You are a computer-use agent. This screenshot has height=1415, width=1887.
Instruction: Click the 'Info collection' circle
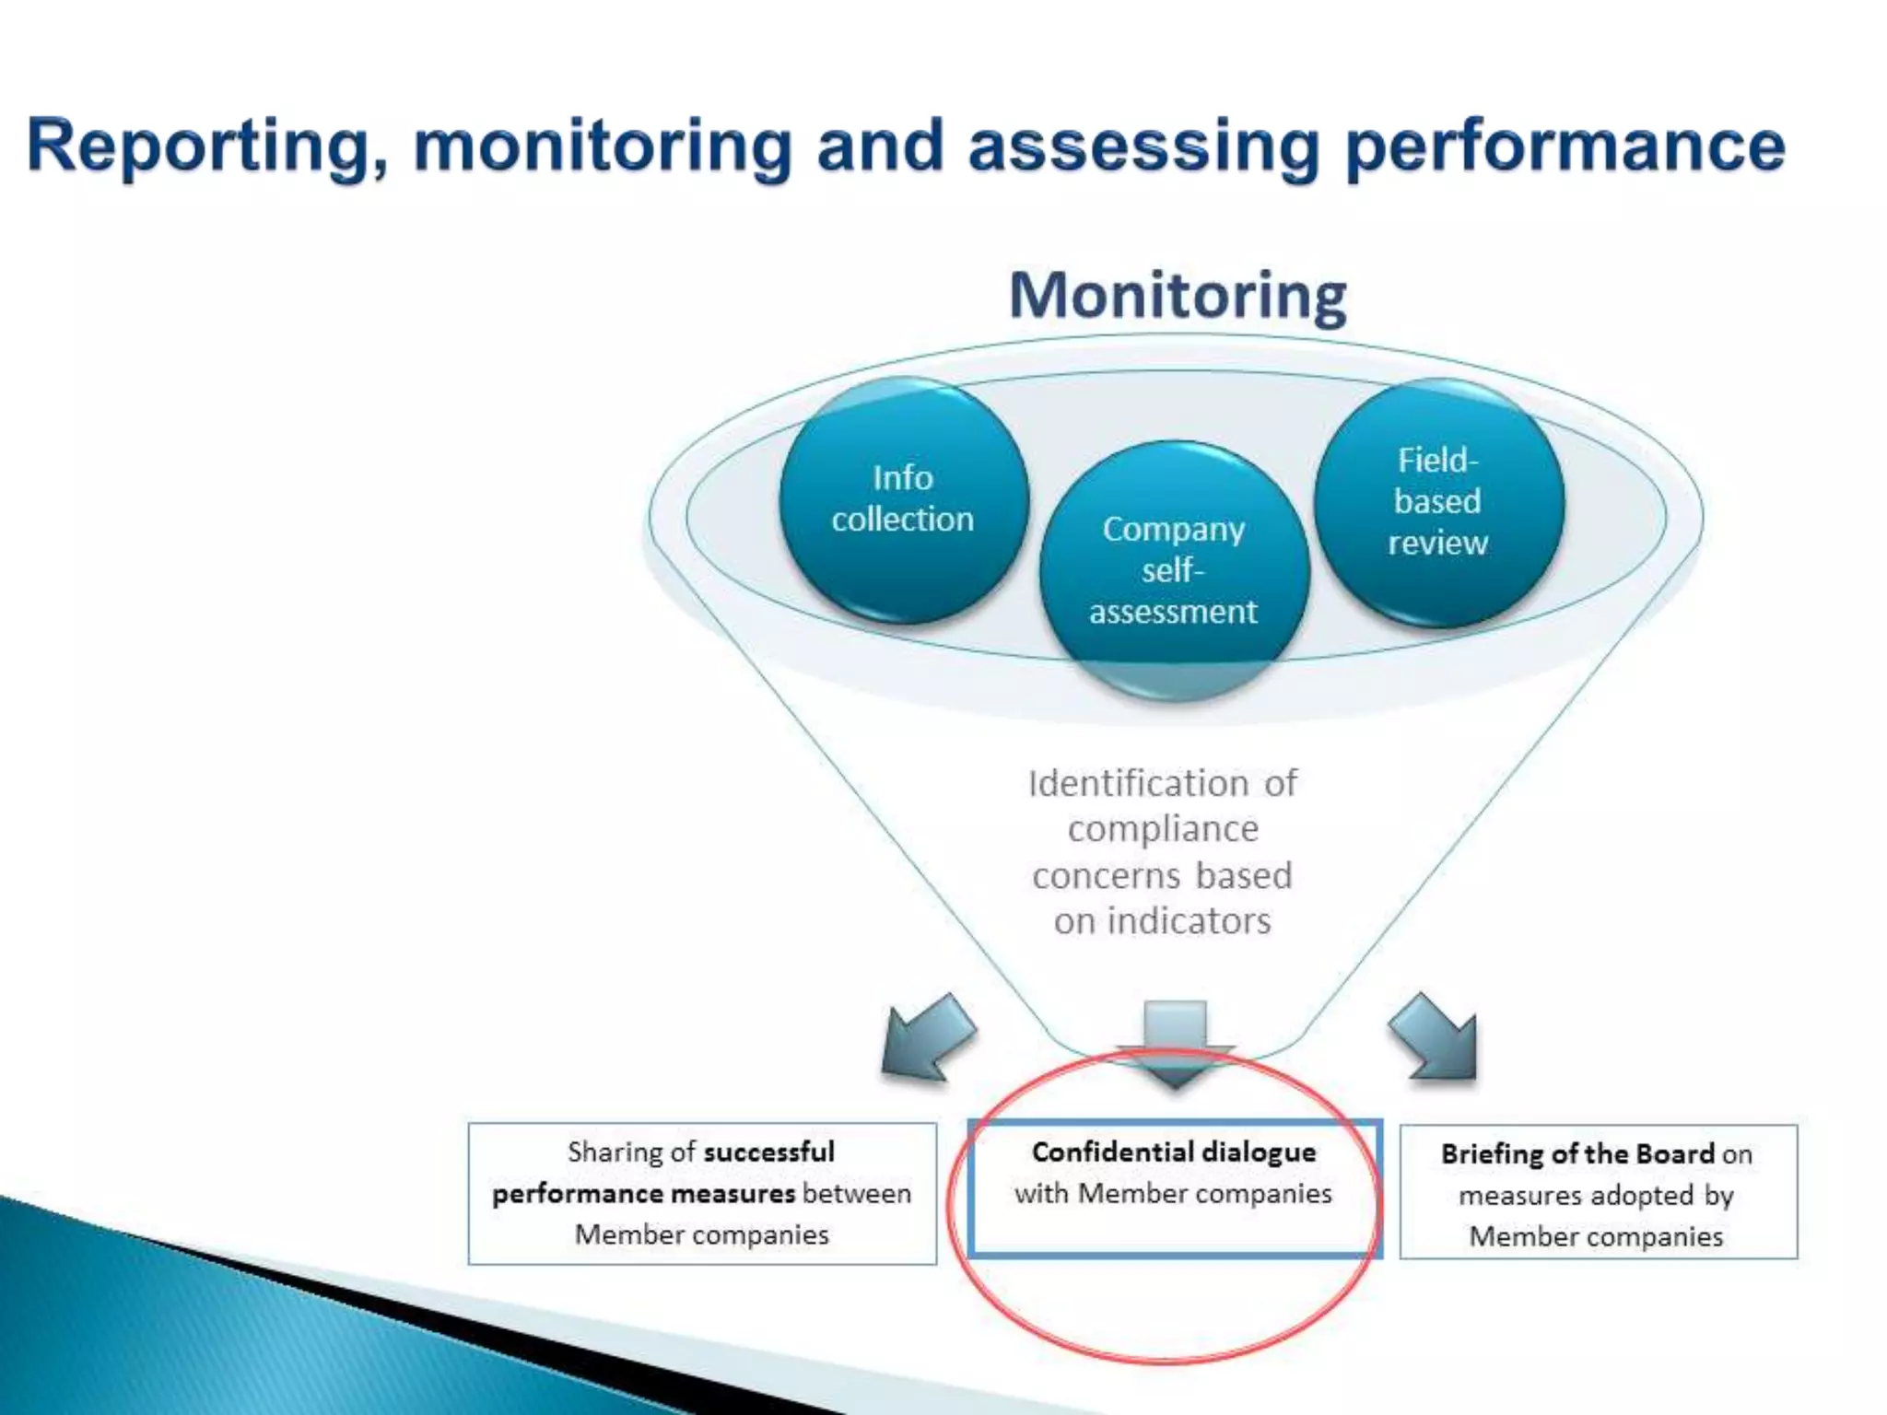[x=903, y=499]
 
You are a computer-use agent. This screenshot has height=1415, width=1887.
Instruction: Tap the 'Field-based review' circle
[x=1438, y=502]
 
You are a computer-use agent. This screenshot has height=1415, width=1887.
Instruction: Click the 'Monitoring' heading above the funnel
[x=1178, y=296]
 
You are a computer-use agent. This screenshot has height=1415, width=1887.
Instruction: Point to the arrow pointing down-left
[x=926, y=1037]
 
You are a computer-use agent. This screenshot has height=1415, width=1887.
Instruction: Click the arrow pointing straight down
[x=1175, y=1041]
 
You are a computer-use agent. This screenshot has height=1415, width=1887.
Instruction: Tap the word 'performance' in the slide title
[x=1565, y=146]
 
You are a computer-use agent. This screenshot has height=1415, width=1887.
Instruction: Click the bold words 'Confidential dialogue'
[x=1174, y=1152]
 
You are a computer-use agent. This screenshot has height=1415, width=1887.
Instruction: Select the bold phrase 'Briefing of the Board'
[x=1577, y=1153]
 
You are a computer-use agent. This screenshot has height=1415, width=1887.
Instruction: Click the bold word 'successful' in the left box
[x=768, y=1152]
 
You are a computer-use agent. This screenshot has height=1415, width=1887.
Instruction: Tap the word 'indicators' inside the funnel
[x=1189, y=921]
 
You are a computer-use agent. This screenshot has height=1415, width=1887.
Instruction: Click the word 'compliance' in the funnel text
[x=1163, y=829]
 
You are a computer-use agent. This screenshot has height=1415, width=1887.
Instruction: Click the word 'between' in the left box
[x=856, y=1193]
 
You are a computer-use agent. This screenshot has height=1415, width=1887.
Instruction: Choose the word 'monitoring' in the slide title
[x=603, y=146]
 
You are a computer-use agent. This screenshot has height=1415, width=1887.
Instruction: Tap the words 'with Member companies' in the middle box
[x=1173, y=1194]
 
